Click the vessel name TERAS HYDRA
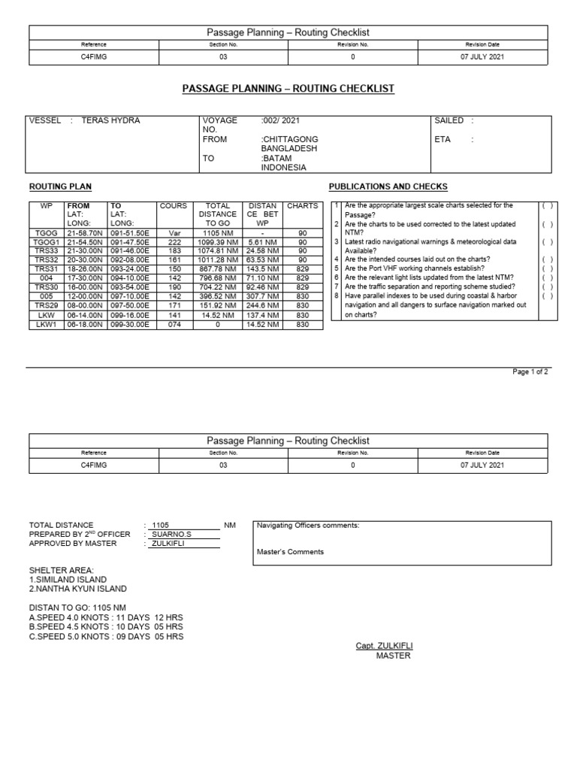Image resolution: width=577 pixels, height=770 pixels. pos(110,120)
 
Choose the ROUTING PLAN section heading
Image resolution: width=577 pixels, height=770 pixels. pos(60,186)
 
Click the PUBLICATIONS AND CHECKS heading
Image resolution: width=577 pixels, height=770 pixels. pos(388,186)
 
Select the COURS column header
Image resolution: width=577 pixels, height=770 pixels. pos(174,205)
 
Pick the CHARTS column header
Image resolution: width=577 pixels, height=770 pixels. pos(303,205)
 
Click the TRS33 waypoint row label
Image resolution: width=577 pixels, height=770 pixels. pos(46,251)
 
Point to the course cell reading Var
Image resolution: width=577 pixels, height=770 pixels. pos(176,233)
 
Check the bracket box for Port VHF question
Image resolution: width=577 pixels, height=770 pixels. pos(547,269)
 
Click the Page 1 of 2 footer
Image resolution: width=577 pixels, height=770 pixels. pos(530,371)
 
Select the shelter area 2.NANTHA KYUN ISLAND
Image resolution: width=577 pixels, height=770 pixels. pos(78,589)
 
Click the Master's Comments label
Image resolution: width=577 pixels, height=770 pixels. pos(291,551)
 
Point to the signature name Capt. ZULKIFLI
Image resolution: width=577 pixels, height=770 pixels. pos(385,646)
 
